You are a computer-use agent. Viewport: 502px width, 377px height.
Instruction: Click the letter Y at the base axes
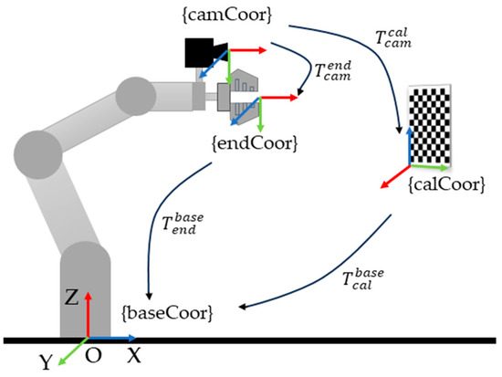coord(44,362)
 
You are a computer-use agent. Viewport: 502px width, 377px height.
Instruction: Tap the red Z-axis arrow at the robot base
coord(88,316)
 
